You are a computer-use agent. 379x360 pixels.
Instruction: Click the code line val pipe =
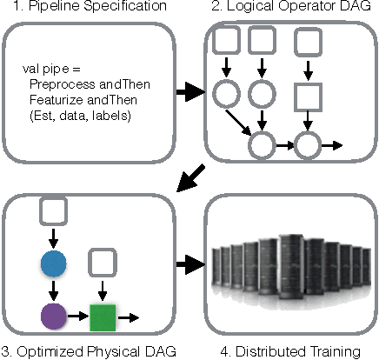click(46, 68)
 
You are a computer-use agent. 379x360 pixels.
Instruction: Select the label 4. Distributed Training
click(289, 351)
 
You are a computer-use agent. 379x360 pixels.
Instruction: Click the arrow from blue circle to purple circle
click(53, 290)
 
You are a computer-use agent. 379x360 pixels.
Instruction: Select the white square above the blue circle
click(53, 210)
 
